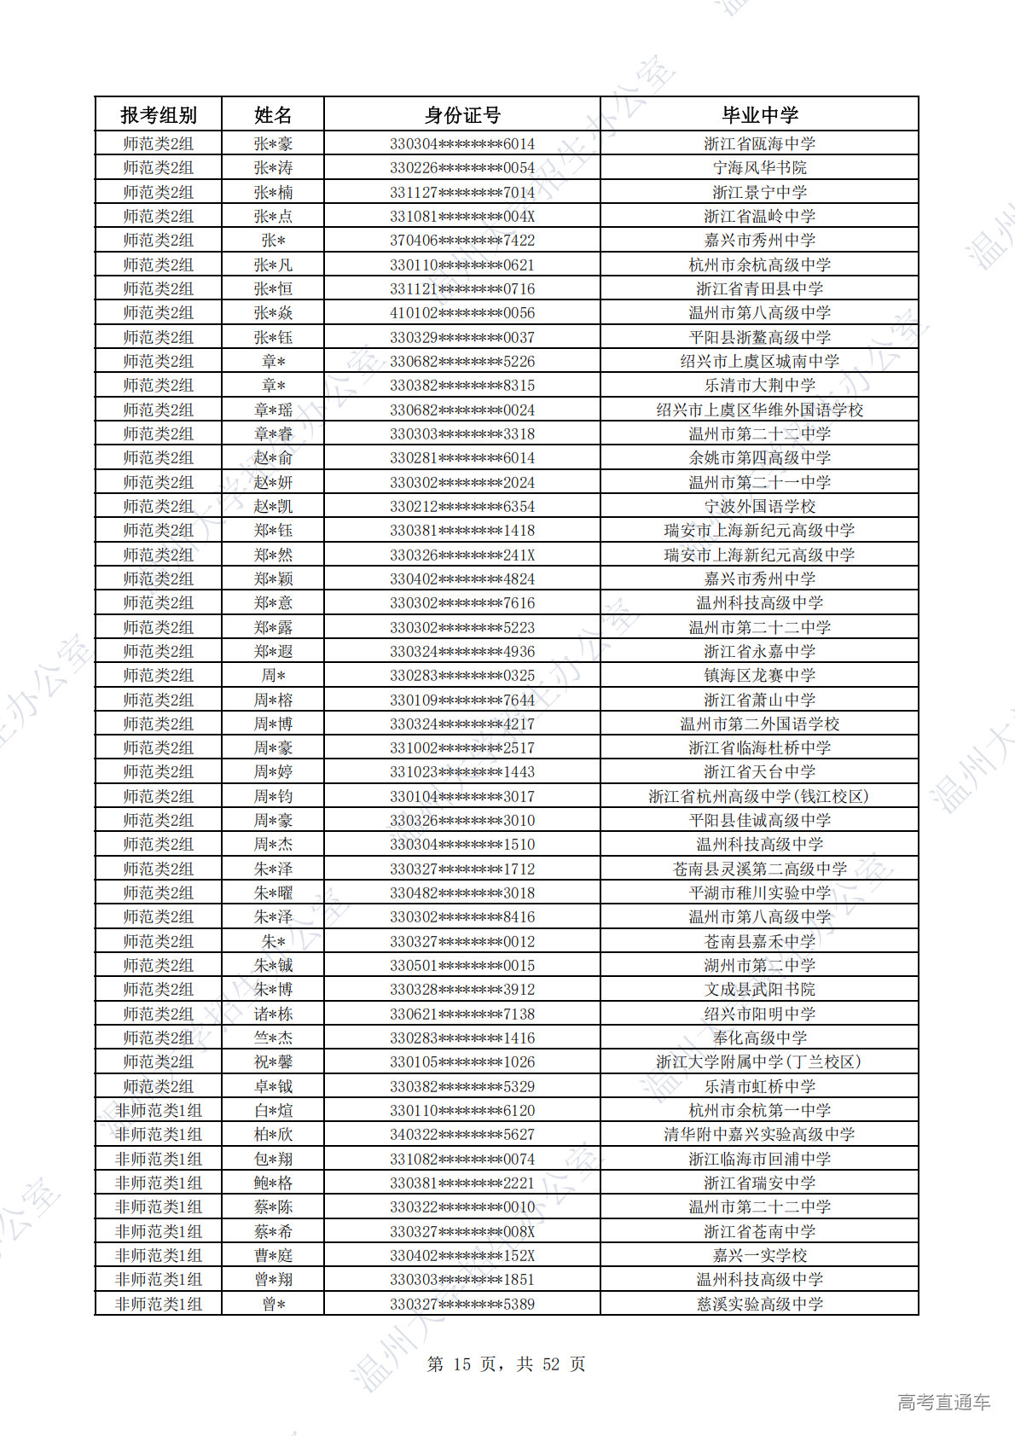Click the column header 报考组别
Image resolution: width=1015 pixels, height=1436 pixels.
(x=158, y=115)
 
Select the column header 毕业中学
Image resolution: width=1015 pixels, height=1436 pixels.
(x=759, y=115)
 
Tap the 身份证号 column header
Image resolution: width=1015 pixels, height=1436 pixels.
(x=462, y=115)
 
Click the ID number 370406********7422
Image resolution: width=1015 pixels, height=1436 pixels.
(x=462, y=241)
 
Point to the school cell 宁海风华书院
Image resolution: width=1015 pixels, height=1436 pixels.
(x=759, y=168)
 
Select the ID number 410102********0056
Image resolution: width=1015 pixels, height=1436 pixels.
(x=462, y=313)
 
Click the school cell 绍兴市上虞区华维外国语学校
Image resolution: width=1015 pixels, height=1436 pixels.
(x=759, y=410)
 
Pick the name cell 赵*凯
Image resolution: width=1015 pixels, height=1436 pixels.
(x=273, y=507)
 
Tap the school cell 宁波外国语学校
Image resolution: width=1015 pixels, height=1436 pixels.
(x=759, y=507)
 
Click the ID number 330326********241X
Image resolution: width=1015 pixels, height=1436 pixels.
(x=462, y=555)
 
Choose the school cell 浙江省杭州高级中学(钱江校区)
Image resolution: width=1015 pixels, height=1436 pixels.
(x=759, y=796)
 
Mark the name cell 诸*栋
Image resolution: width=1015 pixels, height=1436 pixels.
(x=273, y=1014)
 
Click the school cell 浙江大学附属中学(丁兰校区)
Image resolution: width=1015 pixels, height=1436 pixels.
(x=759, y=1062)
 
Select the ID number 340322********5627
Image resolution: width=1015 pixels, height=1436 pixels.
(x=462, y=1135)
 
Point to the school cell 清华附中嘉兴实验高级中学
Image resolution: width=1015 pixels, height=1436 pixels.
(x=759, y=1135)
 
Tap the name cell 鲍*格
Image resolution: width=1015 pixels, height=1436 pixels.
(x=273, y=1183)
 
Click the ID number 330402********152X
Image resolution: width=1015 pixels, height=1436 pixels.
(x=462, y=1256)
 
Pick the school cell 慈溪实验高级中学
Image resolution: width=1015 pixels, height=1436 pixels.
(x=759, y=1304)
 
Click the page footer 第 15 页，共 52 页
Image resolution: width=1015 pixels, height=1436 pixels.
(x=506, y=1364)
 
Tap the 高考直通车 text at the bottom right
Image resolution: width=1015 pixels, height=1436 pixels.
(x=943, y=1402)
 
